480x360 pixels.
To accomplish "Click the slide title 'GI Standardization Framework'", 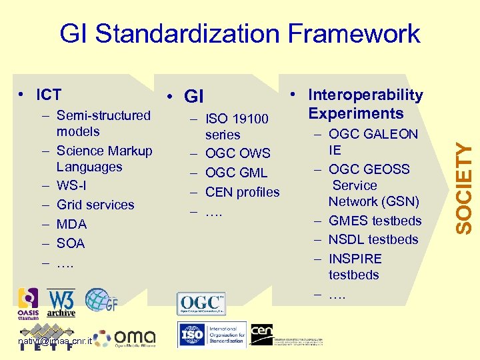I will [x=240, y=33].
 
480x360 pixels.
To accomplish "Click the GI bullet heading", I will [x=193, y=97].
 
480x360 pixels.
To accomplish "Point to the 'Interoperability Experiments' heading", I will [x=365, y=104].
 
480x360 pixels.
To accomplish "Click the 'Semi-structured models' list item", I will [x=103, y=123].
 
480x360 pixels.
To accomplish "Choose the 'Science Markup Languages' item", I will [x=103, y=159].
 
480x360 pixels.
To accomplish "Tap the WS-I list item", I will [x=71, y=185].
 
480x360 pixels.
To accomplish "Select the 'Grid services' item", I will [x=95, y=205].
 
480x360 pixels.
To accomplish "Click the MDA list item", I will [x=71, y=224].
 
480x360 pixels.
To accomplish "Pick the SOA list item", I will [x=71, y=243].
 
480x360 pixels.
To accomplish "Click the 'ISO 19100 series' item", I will [x=236, y=127].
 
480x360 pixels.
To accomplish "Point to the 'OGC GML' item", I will [x=235, y=173].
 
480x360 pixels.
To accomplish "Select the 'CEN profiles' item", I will [x=242, y=192].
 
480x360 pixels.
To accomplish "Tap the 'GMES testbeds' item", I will [x=375, y=221].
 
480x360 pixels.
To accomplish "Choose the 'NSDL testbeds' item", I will [x=373, y=239].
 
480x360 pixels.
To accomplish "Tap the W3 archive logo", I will [x=61, y=303].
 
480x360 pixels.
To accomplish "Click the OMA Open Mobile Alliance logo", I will [x=126, y=339].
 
